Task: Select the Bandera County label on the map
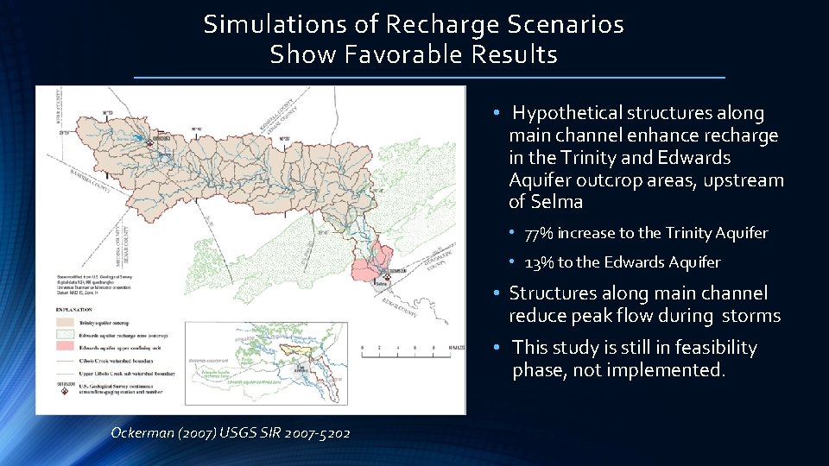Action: click(94, 180)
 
